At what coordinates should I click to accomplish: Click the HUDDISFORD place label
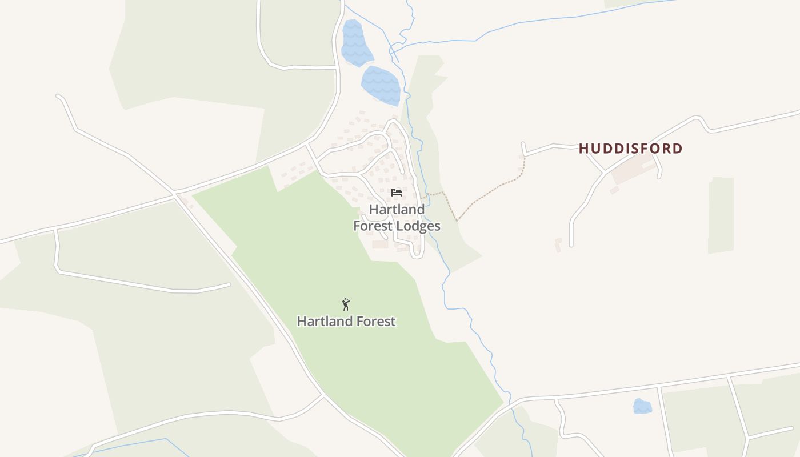(x=630, y=149)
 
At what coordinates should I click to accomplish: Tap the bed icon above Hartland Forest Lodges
(x=397, y=193)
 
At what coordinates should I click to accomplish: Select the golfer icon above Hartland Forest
(x=345, y=304)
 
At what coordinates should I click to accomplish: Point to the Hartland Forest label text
(x=346, y=322)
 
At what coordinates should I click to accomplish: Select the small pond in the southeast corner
(x=642, y=406)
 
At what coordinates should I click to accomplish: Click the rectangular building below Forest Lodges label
(x=380, y=244)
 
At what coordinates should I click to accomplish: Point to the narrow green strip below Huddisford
(x=721, y=215)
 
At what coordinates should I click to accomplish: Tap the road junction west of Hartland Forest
(x=175, y=195)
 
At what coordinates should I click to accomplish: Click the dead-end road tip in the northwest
(x=58, y=96)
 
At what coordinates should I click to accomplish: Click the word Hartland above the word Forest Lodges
(x=397, y=210)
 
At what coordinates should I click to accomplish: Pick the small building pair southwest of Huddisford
(x=558, y=244)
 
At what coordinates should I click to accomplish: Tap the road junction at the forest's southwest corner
(x=323, y=395)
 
